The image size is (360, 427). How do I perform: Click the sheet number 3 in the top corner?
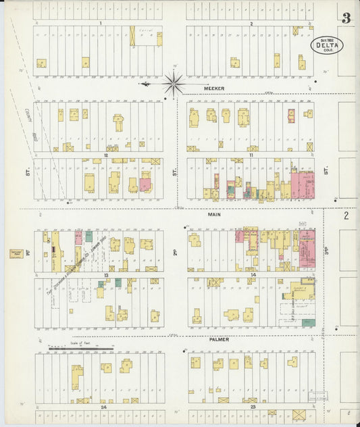(x=346, y=18)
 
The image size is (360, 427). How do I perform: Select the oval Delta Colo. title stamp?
(x=327, y=45)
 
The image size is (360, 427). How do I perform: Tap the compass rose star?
(x=173, y=84)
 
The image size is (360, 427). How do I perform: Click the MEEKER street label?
(x=214, y=88)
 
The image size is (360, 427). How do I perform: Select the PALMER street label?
(x=218, y=339)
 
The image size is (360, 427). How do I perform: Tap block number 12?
(x=106, y=155)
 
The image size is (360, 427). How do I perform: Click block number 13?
(x=106, y=275)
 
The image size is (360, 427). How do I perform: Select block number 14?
(x=253, y=275)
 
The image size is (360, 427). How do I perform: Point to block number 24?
(x=104, y=407)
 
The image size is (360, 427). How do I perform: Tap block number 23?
(x=253, y=407)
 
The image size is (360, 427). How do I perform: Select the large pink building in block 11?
(x=302, y=184)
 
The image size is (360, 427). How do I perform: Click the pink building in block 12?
(x=145, y=184)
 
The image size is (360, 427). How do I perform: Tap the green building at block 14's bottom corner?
(x=309, y=322)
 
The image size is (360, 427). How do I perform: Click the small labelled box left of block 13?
(x=16, y=253)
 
